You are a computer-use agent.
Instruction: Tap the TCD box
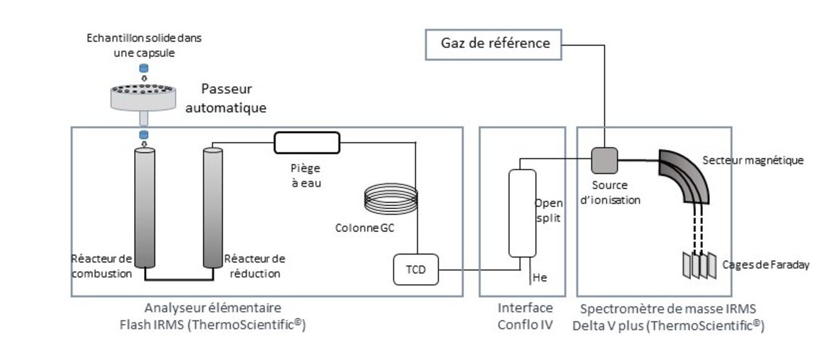[415, 269]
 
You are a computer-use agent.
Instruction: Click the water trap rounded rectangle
[307, 142]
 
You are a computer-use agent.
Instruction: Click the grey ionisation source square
[603, 160]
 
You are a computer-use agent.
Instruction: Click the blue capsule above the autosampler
[144, 68]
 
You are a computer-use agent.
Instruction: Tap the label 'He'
[540, 279]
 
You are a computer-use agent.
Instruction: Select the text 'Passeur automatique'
[225, 98]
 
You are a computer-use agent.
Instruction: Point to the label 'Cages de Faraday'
[766, 265]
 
